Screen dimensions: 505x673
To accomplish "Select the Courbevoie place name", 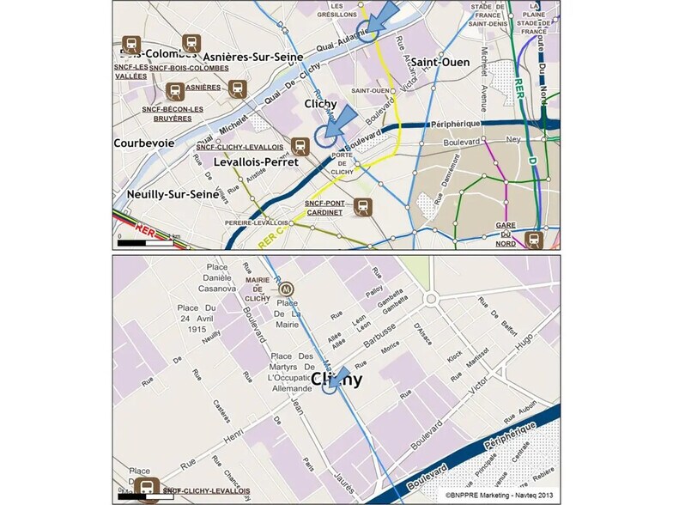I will tap(144, 143).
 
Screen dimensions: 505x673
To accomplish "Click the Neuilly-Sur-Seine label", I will tap(173, 194).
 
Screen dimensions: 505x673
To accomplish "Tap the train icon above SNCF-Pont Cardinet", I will tap(363, 206).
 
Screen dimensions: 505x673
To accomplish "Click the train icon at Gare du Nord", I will tap(534, 240).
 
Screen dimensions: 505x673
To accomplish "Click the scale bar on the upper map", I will tap(147, 243).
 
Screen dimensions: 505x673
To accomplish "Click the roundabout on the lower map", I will tap(430, 299).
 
